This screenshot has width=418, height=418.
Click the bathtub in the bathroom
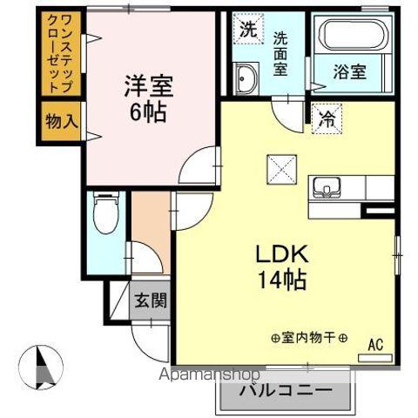pyautogui.click(x=352, y=35)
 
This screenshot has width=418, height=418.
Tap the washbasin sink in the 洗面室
pyautogui.click(x=245, y=78)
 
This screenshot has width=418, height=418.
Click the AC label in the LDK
pyautogui.click(x=375, y=343)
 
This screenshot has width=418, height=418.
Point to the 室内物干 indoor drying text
pyautogui.click(x=309, y=339)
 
